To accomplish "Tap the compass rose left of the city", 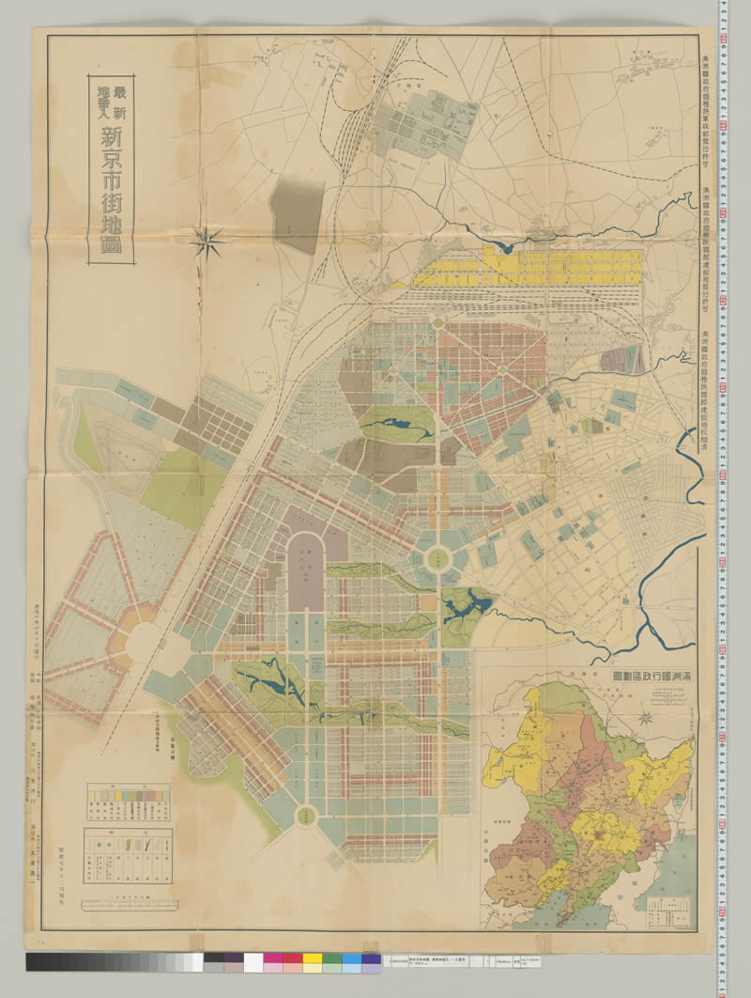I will (x=206, y=242).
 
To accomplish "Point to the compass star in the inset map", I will (x=646, y=719).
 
